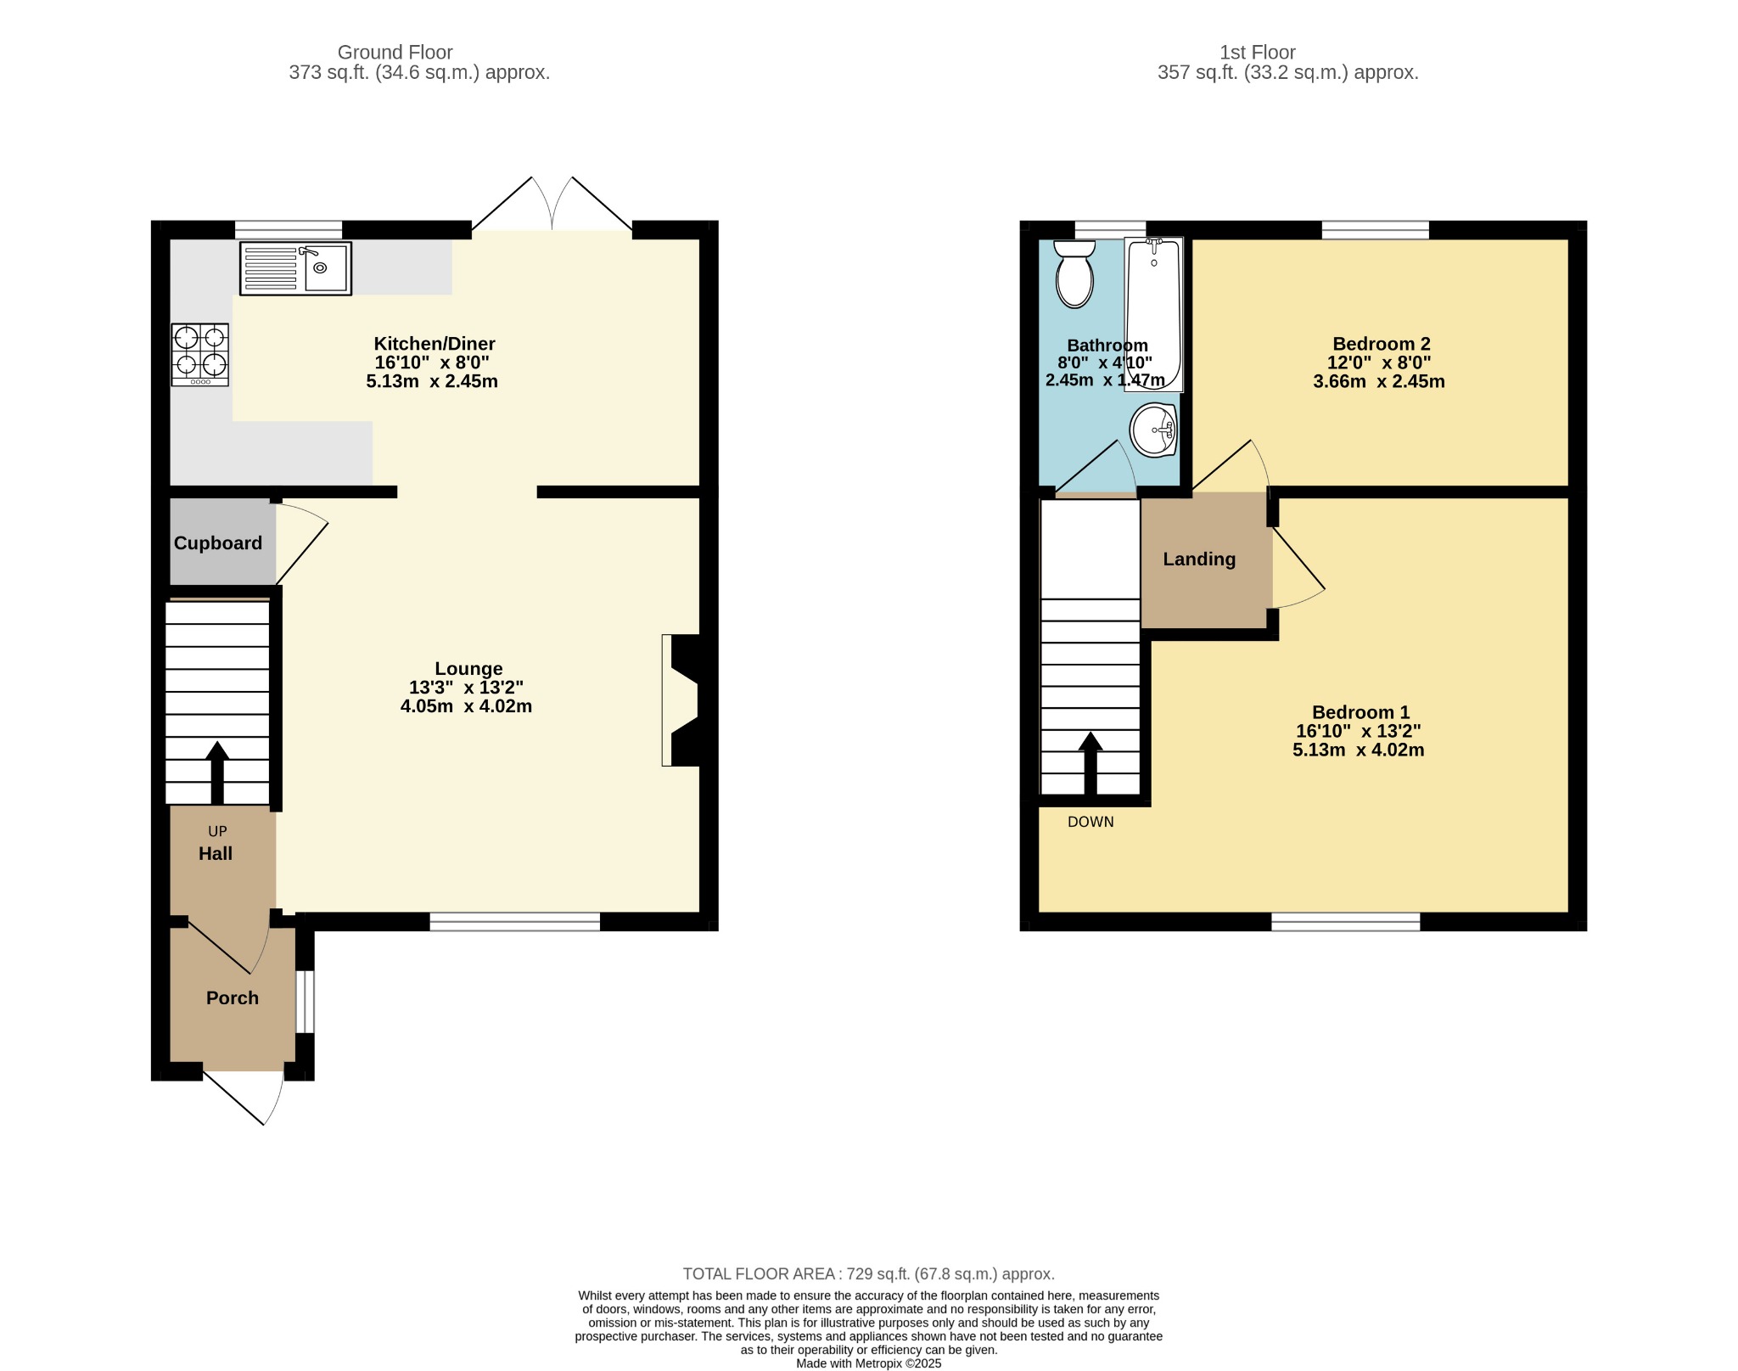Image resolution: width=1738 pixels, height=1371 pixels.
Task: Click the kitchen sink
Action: click(295, 268)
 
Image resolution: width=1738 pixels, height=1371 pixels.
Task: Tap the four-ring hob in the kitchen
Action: click(200, 355)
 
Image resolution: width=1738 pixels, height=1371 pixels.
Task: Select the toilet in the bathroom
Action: click(1074, 273)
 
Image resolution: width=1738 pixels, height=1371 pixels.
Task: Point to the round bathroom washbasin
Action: click(1153, 430)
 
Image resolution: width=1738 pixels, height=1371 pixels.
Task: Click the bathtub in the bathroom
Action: click(1154, 314)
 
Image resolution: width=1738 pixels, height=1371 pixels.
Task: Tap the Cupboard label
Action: click(218, 543)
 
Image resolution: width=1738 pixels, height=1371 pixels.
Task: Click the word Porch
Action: click(233, 998)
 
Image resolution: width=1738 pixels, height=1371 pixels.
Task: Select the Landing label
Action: click(1199, 559)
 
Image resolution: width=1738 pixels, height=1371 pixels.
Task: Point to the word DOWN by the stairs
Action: click(1090, 822)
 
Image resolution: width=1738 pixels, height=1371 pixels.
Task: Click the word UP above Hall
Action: click(217, 832)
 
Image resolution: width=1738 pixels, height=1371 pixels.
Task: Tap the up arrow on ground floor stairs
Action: click(217, 773)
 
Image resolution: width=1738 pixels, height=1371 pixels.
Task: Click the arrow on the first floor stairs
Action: click(1090, 763)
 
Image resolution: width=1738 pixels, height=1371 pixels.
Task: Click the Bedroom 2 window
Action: click(1375, 230)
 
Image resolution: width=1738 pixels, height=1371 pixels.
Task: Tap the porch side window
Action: click(305, 1002)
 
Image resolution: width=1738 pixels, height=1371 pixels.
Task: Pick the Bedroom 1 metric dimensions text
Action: click(1358, 750)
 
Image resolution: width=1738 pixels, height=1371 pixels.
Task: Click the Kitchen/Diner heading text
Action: click(434, 344)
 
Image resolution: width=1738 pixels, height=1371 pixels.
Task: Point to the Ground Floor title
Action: click(395, 53)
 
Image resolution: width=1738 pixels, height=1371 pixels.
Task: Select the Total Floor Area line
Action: click(869, 1273)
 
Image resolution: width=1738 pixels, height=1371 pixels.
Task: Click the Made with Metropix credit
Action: click(869, 1363)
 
